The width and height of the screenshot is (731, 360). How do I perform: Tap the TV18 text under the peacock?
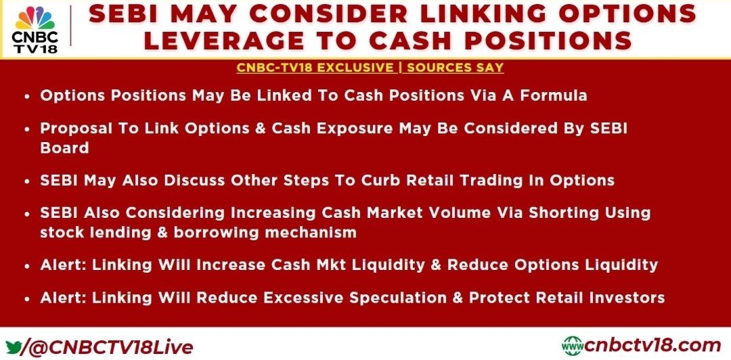[x=35, y=47]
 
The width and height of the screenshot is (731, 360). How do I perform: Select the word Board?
[x=64, y=147]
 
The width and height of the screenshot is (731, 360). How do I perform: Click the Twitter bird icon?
[x=13, y=346]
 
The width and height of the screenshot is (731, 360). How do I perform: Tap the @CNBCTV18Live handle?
[x=109, y=347]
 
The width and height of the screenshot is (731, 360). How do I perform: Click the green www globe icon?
[x=573, y=345]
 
